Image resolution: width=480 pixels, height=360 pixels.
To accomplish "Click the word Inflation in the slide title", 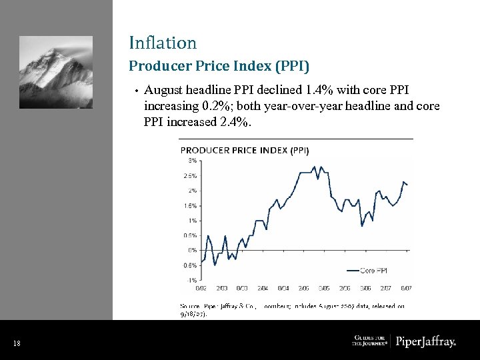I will pyautogui.click(x=163, y=43).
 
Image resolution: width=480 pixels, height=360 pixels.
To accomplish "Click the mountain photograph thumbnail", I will pyautogui.click(x=56, y=72).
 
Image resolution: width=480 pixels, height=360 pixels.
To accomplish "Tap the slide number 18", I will pyautogui.click(x=17, y=343).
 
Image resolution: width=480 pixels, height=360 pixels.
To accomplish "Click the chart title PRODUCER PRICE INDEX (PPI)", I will pyautogui.click(x=245, y=150).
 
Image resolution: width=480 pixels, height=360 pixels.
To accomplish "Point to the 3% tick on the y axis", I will pyautogui.click(x=191, y=161).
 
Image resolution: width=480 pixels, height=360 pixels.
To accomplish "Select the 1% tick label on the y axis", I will pyautogui.click(x=191, y=221).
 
